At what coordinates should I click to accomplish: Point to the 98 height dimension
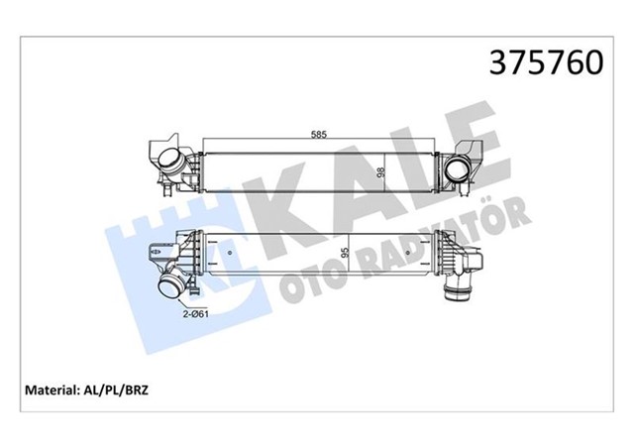tap(380, 169)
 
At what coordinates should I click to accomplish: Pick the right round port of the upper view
tap(460, 170)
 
